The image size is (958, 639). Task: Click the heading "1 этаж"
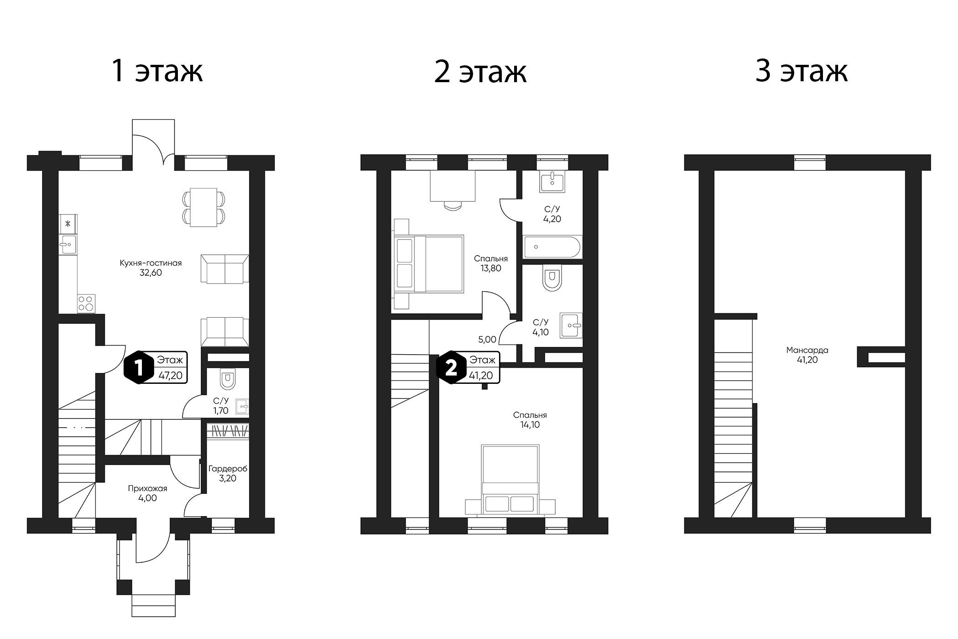[157, 71]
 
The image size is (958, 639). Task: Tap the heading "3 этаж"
[801, 71]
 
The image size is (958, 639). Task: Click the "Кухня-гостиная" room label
[151, 263]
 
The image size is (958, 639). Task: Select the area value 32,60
[151, 273]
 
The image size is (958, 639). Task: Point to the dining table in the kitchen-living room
[203, 207]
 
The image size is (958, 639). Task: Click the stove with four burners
[86, 304]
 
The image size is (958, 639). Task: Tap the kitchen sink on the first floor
[68, 245]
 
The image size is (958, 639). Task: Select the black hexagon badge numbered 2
[451, 367]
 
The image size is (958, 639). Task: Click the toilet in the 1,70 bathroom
[227, 379]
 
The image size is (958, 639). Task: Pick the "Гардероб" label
[228, 469]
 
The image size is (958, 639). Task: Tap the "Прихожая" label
[147, 488]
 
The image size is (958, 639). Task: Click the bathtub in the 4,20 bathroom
[552, 247]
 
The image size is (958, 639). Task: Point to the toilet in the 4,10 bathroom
[552, 278]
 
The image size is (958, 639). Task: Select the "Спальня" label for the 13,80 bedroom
[491, 258]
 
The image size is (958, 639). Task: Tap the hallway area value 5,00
[487, 340]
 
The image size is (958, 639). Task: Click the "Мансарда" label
[807, 350]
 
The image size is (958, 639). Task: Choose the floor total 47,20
[170, 376]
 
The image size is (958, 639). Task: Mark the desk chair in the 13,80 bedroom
[453, 205]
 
